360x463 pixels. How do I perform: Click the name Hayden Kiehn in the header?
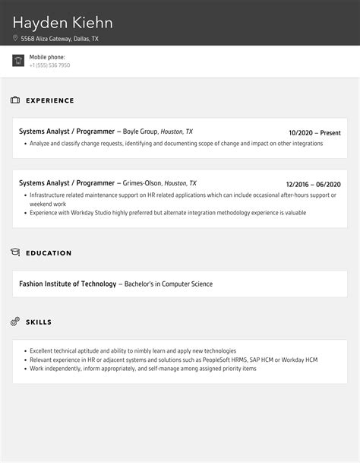pos(62,23)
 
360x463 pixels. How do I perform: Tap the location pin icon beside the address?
pos(15,38)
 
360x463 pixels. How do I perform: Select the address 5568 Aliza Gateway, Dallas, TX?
pos(60,38)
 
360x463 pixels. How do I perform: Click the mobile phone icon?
pos(18,61)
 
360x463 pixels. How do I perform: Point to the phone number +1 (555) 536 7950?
pos(49,65)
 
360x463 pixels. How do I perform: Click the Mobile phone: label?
pos(47,57)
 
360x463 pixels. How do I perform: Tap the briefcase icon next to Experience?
pos(15,100)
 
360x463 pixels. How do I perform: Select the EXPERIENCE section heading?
pos(50,100)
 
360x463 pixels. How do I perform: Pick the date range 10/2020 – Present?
pos(315,132)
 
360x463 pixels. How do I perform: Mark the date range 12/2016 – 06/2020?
pos(313,184)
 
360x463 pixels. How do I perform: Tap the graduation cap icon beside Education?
pos(15,252)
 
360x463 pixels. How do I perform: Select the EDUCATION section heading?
pos(49,252)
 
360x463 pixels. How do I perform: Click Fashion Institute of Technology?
pos(68,284)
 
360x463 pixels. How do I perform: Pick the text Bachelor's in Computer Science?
pos(168,284)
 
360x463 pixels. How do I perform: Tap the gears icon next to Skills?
pos(15,322)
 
